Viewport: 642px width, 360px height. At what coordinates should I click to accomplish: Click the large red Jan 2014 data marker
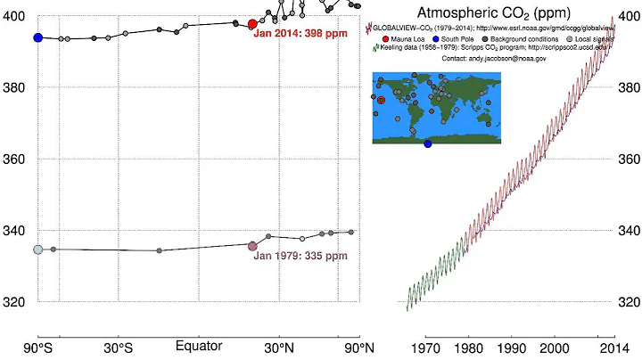(x=252, y=24)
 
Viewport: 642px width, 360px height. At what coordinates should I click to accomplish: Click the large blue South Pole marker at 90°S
(x=38, y=37)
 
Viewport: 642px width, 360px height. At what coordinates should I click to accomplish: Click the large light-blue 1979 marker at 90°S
(x=38, y=250)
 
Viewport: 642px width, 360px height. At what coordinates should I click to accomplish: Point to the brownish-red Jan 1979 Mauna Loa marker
(x=252, y=246)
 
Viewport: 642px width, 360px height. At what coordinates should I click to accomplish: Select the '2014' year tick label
(x=610, y=346)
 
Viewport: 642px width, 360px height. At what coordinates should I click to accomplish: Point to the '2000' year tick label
(x=554, y=346)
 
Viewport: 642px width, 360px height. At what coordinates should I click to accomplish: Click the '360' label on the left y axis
(x=15, y=160)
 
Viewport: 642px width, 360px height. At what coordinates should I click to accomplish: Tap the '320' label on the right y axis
(x=628, y=302)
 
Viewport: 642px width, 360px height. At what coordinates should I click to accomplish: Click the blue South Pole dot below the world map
(x=428, y=144)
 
